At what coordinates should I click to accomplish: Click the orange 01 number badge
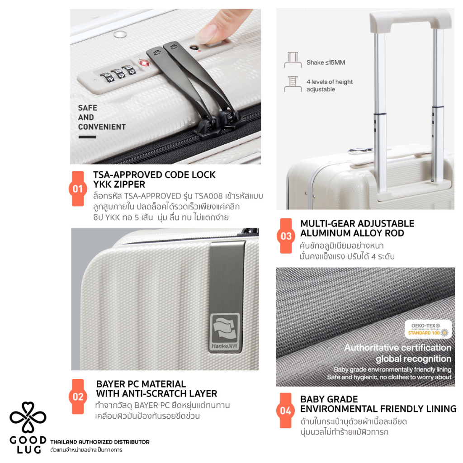pyautogui.click(x=78, y=189)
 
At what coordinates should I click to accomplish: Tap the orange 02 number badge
pyautogui.click(x=78, y=396)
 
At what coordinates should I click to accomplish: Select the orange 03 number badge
pyautogui.click(x=286, y=236)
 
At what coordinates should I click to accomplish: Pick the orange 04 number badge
pyautogui.click(x=286, y=411)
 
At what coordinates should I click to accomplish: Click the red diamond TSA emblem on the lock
pyautogui.click(x=144, y=63)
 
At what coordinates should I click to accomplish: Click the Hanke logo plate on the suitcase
pyautogui.click(x=224, y=333)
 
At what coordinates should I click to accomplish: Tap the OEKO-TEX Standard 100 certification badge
pyautogui.click(x=428, y=329)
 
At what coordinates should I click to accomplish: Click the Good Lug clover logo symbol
pyautogui.click(x=28, y=417)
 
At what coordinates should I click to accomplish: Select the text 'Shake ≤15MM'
pyautogui.click(x=326, y=62)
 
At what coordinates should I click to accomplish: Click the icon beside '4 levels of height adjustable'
pyautogui.click(x=293, y=84)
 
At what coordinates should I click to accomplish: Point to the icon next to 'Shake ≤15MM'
pyautogui.click(x=293, y=60)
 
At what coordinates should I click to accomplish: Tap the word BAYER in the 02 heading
pyautogui.click(x=110, y=384)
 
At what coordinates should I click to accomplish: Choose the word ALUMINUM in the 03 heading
pyautogui.click(x=322, y=233)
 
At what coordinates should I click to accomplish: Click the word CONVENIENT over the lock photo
pyautogui.click(x=102, y=127)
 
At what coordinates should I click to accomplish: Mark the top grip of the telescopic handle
pyautogui.click(x=411, y=19)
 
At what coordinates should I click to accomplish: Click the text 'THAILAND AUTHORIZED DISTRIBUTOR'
pyautogui.click(x=100, y=442)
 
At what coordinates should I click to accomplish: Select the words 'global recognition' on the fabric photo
pyautogui.click(x=413, y=359)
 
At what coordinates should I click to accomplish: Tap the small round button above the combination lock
pyautogui.click(x=120, y=34)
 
